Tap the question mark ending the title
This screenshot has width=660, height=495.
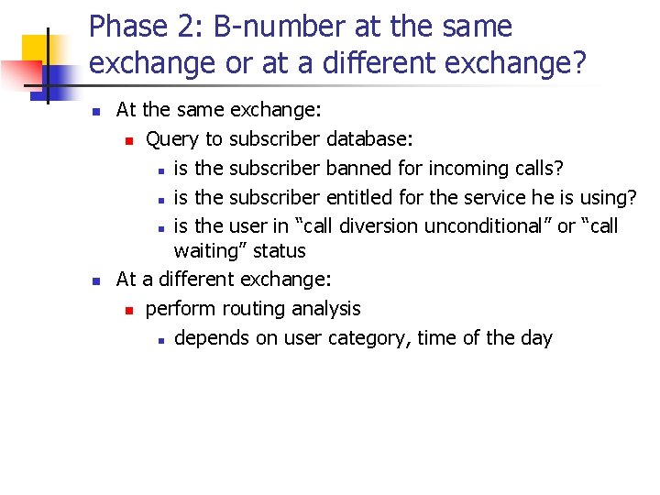pyautogui.click(x=577, y=63)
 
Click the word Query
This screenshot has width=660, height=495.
pyautogui.click(x=173, y=139)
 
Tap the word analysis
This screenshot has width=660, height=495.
pyautogui.click(x=326, y=309)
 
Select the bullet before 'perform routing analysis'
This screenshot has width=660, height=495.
pyautogui.click(x=130, y=310)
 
